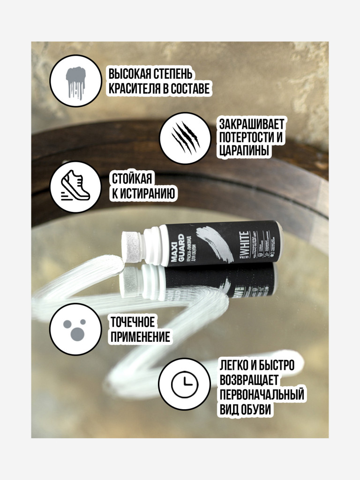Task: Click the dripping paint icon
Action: pos(75,81)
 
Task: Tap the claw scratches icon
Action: pos(186,138)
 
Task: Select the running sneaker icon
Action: pos(75,187)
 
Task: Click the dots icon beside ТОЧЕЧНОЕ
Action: pos(75,329)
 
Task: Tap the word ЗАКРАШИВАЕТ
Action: pos(252,124)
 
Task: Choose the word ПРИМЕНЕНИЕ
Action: pos(140,337)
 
